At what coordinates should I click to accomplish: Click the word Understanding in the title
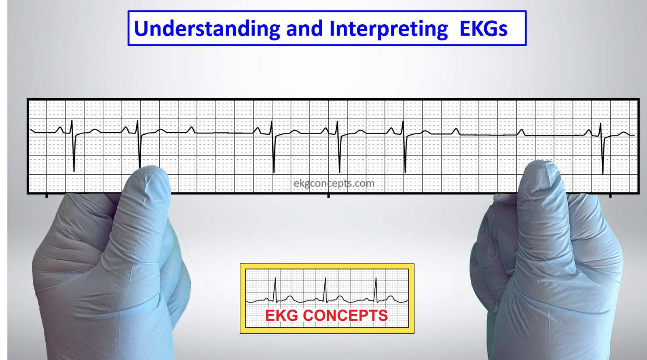click(207, 29)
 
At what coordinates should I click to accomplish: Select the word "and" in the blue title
click(304, 29)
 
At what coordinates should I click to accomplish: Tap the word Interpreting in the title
click(389, 29)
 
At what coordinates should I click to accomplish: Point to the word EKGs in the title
click(484, 29)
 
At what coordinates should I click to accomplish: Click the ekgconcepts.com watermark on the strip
click(334, 184)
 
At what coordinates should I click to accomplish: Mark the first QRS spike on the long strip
click(73, 146)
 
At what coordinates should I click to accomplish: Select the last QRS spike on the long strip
click(602, 148)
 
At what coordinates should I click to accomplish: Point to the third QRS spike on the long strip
click(273, 147)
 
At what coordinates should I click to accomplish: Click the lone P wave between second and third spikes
click(191, 130)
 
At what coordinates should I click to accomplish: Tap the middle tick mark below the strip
click(328, 196)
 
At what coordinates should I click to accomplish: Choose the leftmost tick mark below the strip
click(47, 196)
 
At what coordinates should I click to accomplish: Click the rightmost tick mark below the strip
click(610, 196)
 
